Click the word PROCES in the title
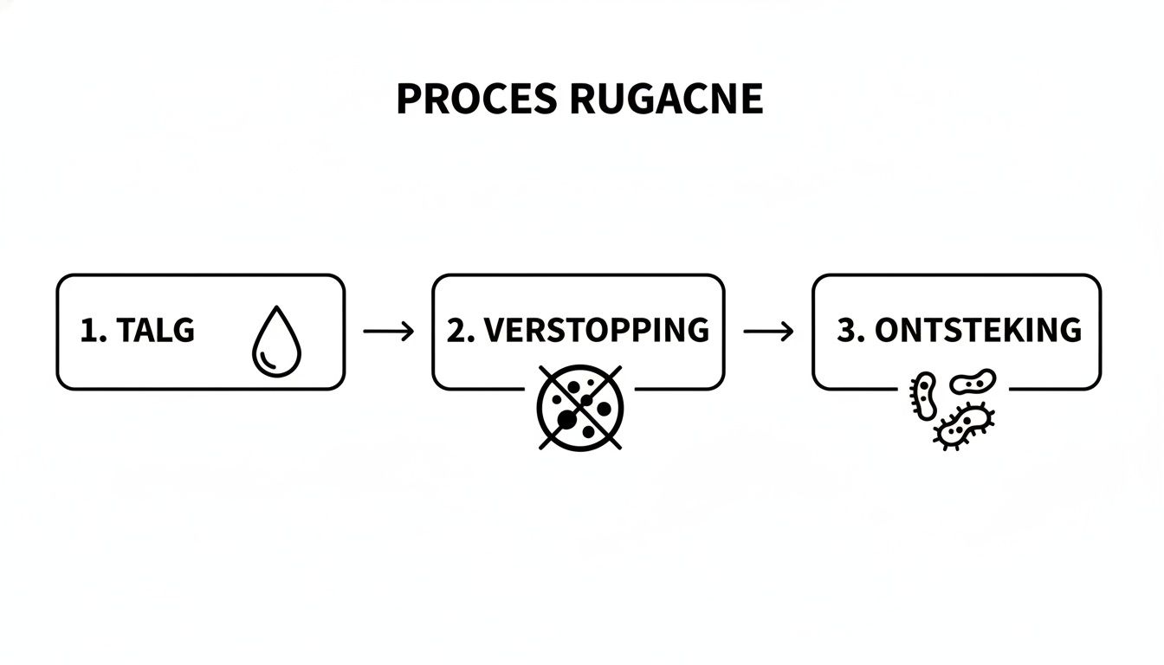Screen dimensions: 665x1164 point(476,100)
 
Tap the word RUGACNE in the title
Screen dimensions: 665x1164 point(667,100)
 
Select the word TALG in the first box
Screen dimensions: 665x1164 point(156,331)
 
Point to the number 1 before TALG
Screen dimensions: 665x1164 point(87,331)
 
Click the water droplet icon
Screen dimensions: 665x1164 point(276,343)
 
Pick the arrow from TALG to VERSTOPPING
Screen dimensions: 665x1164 point(388,332)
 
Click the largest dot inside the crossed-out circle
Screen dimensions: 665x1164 point(566,421)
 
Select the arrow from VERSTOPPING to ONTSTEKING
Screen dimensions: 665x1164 point(768,332)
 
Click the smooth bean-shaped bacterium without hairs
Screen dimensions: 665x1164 point(973,381)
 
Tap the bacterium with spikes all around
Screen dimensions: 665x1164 point(965,426)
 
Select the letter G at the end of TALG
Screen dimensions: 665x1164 point(183,331)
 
